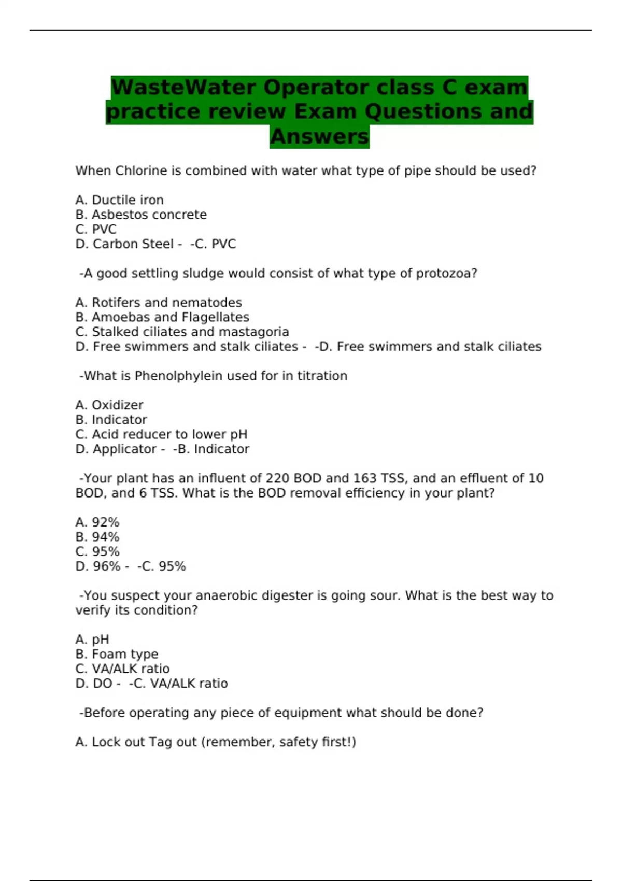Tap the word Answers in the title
319,137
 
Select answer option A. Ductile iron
119,200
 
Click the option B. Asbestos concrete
141,215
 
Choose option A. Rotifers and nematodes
159,303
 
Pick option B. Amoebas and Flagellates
162,317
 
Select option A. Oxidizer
109,405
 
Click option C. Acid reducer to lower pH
161,434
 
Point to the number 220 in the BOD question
278,478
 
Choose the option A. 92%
97,522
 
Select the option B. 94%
97,537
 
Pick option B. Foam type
117,654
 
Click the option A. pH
92,640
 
